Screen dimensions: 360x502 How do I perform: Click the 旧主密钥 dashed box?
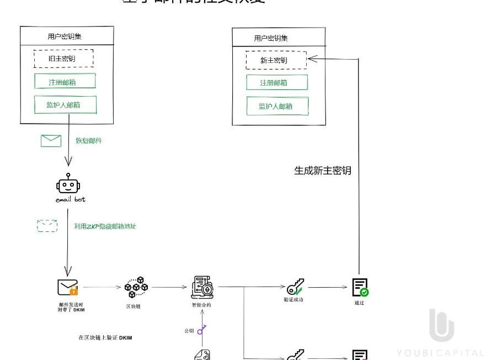click(63, 59)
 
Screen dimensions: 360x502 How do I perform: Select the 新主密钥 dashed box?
click(276, 60)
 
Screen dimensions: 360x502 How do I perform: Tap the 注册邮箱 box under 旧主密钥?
click(65, 81)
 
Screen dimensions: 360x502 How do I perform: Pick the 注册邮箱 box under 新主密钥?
click(276, 83)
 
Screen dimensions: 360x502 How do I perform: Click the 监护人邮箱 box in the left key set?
click(65, 104)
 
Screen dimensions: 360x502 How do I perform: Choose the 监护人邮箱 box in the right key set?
click(276, 106)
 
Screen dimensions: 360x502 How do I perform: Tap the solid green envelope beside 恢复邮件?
click(51, 141)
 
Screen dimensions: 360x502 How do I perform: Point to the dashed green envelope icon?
click(47, 225)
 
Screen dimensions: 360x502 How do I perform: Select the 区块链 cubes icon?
click(136, 288)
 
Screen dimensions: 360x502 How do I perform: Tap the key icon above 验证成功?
click(295, 287)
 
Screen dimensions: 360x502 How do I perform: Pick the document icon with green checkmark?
click(360, 287)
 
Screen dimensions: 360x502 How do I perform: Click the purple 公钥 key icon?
click(202, 330)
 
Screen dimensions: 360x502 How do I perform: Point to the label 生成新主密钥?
click(323, 171)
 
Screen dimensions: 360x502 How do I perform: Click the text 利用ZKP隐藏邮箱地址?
click(105, 226)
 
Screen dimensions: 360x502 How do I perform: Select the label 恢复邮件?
click(89, 141)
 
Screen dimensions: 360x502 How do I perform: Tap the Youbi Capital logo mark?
click(441, 325)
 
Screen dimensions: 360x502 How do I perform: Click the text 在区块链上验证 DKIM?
click(105, 337)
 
